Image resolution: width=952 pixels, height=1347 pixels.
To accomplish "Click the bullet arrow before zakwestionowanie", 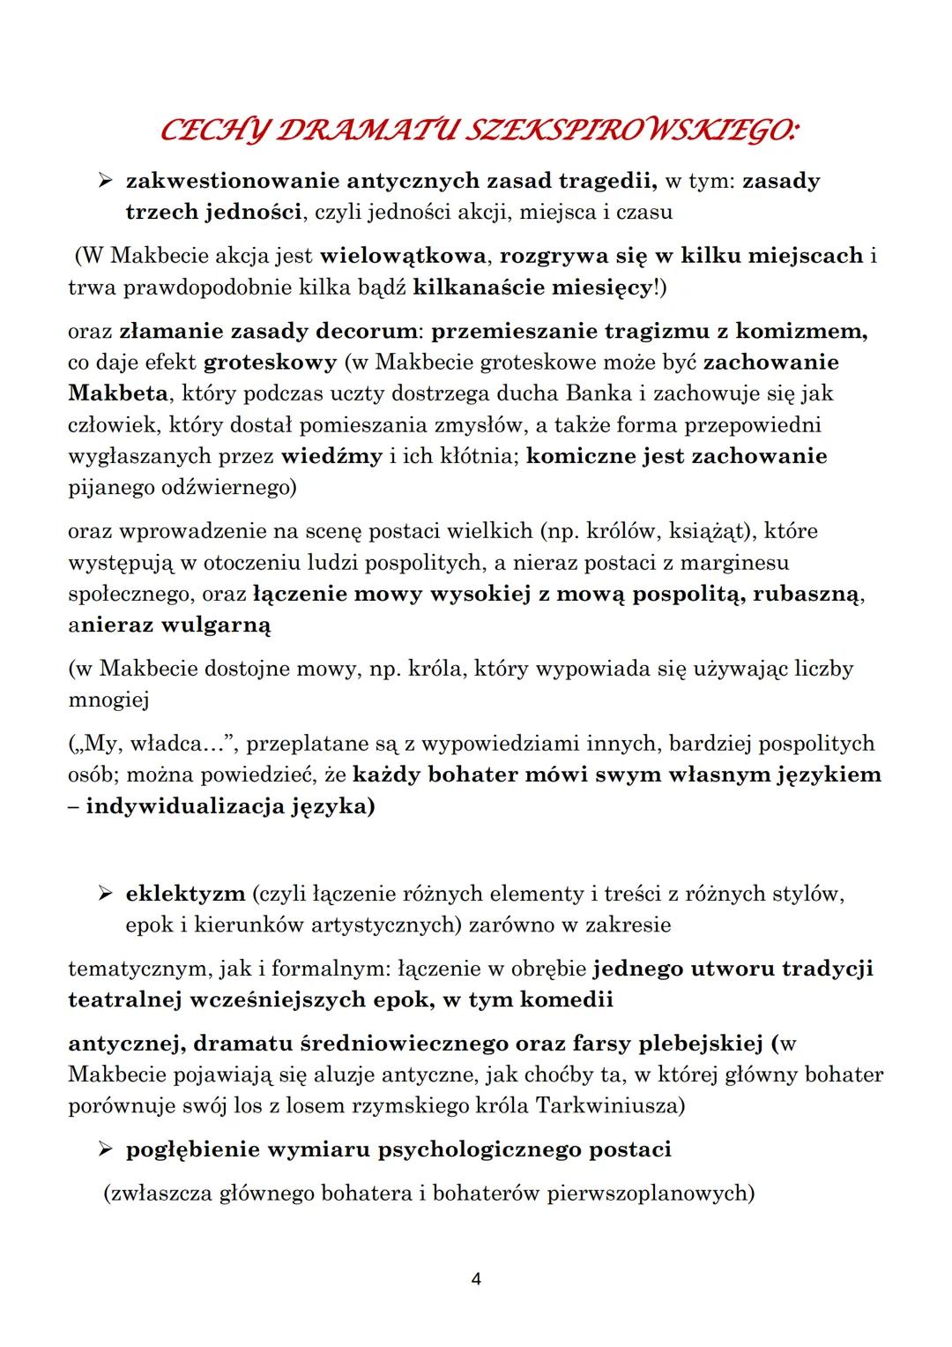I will [x=106, y=181].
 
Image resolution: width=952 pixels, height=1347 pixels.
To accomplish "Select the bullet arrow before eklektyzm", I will [x=106, y=894].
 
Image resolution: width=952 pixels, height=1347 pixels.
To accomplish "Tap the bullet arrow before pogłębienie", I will [x=106, y=1150].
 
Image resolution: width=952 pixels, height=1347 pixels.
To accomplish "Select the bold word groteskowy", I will [x=271, y=363].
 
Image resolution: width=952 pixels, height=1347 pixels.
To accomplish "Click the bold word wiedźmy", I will [x=332, y=456].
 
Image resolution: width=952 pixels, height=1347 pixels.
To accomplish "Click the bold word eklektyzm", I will [x=186, y=894].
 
